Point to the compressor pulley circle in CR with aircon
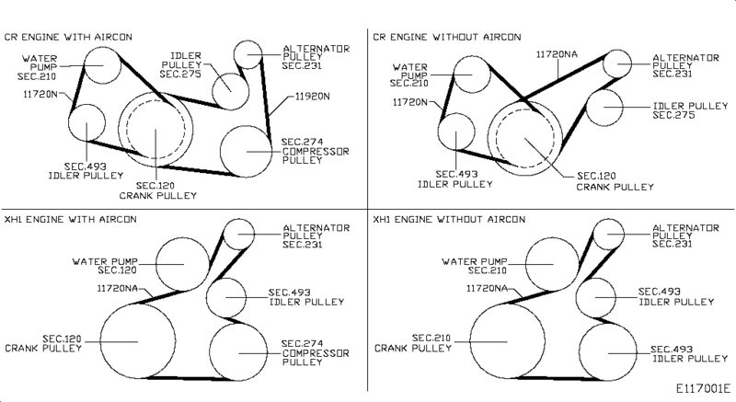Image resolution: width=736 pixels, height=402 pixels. [247, 147]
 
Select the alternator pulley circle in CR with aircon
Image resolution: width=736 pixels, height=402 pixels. [248, 56]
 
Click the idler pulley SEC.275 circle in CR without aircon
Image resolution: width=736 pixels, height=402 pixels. [608, 108]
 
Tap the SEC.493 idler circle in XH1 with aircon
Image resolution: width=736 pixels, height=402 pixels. [225, 296]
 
